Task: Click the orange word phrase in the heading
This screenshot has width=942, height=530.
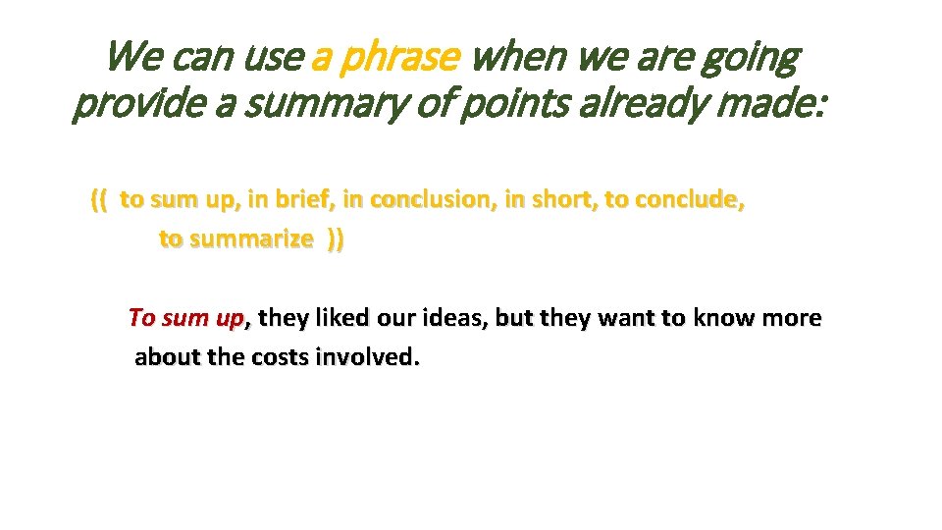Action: (x=398, y=60)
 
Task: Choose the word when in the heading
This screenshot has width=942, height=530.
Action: (x=518, y=60)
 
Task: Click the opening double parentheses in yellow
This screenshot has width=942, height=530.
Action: (x=98, y=200)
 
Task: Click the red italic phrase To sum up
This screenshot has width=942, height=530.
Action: (x=187, y=318)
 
